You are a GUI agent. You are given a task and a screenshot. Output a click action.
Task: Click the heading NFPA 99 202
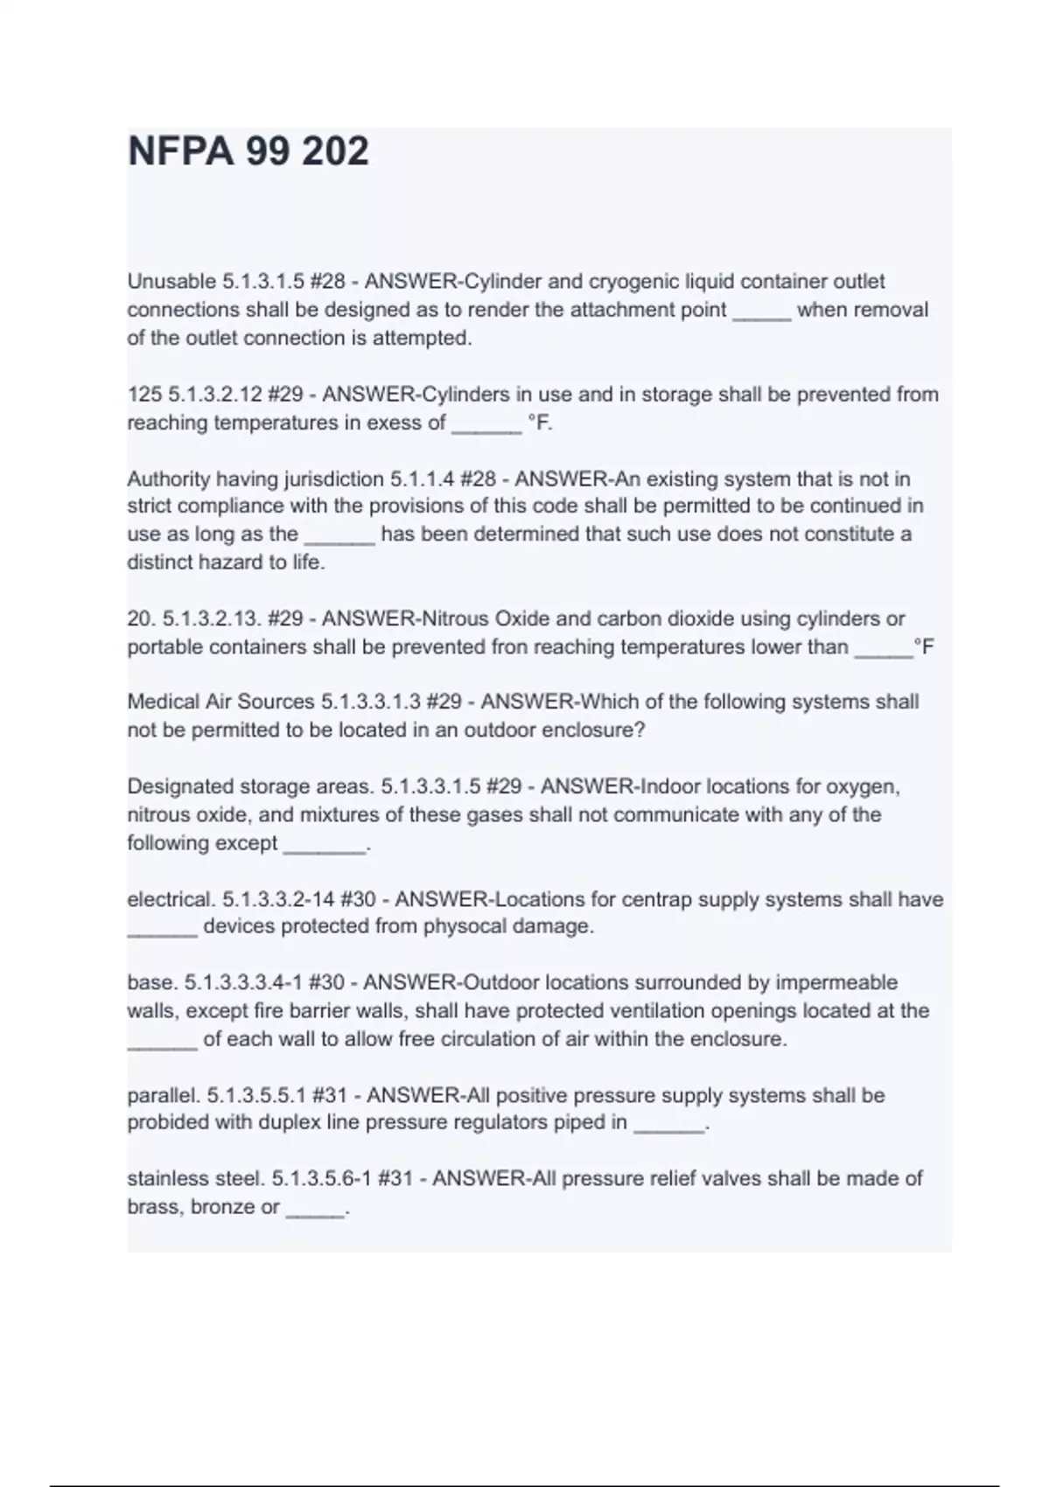tap(248, 151)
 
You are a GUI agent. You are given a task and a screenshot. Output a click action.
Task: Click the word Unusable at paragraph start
tap(171, 282)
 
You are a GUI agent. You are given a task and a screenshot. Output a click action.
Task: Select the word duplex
tap(287, 1123)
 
